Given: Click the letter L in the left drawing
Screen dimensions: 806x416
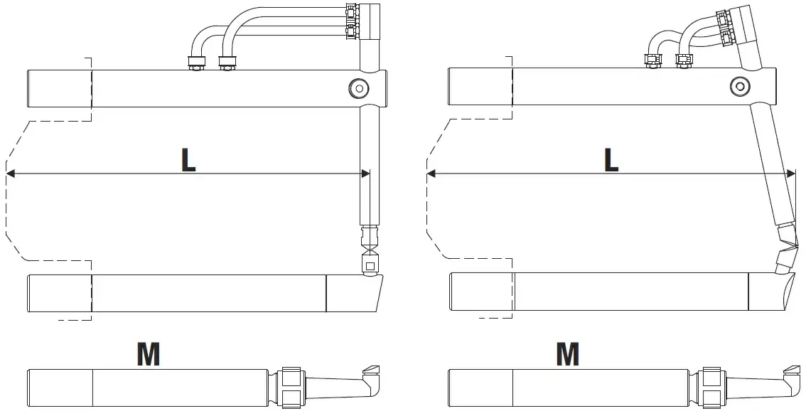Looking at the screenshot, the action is click(x=188, y=161).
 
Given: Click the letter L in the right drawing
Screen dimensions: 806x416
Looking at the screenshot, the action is click(x=611, y=161).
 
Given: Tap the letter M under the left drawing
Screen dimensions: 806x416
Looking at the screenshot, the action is click(x=148, y=354).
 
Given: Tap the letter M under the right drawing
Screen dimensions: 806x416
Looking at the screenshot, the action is click(x=567, y=354).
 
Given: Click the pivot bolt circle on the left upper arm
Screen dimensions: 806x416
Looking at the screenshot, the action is click(x=359, y=88).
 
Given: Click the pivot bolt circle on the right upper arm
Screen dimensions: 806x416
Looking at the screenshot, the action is click(x=740, y=86).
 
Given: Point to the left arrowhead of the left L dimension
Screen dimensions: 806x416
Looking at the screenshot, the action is click(x=10, y=174).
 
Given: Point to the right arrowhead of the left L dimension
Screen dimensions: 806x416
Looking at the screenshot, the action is click(x=365, y=174).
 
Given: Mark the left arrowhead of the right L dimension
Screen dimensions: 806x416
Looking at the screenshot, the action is click(x=431, y=174).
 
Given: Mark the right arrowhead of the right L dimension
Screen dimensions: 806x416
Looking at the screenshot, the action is click(x=790, y=174).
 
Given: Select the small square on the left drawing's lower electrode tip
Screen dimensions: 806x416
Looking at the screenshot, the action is click(x=370, y=266).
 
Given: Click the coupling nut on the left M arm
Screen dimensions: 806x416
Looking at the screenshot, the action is click(x=291, y=388).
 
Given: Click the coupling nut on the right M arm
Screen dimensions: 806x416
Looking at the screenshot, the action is click(x=712, y=388).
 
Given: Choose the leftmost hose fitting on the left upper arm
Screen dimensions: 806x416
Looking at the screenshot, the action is click(x=196, y=62).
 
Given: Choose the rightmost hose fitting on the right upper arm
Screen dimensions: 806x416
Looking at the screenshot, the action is click(x=684, y=60).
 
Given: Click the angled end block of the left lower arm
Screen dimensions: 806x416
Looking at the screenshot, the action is click(x=355, y=293).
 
